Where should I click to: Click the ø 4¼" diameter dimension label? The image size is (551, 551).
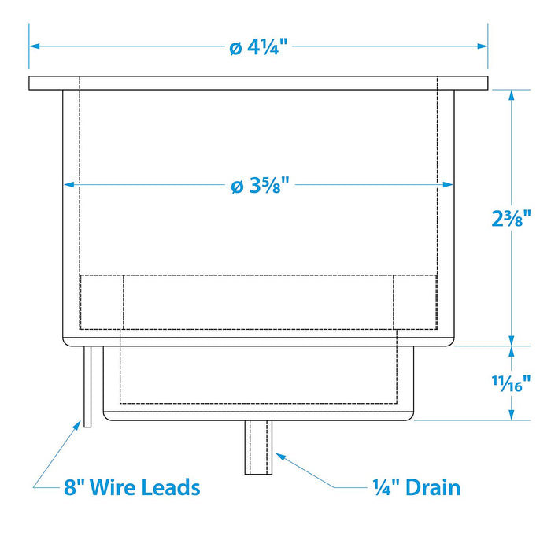click(x=258, y=46)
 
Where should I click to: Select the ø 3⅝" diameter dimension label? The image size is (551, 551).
click(x=260, y=185)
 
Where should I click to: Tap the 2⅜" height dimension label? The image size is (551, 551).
click(x=511, y=218)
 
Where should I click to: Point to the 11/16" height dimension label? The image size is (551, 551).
click(x=511, y=383)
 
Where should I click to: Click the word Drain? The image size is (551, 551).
click(x=433, y=488)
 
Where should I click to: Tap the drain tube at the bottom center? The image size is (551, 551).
click(x=258, y=447)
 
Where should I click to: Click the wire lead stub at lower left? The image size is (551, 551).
click(x=87, y=386)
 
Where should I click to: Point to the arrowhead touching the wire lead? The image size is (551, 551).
click(x=77, y=425)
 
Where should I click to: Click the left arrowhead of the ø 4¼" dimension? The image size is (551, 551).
click(x=35, y=46)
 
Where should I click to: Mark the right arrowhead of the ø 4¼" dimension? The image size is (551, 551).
click(x=483, y=46)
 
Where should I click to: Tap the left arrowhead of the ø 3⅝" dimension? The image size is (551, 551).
click(x=69, y=184)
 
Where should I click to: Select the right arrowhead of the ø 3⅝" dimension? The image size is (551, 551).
click(x=448, y=184)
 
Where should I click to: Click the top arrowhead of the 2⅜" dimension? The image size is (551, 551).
click(x=512, y=95)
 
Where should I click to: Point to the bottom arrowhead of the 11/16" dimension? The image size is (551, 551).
click(x=512, y=415)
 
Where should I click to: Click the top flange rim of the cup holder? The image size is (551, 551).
click(x=258, y=83)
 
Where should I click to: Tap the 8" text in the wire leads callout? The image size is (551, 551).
click(x=75, y=487)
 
